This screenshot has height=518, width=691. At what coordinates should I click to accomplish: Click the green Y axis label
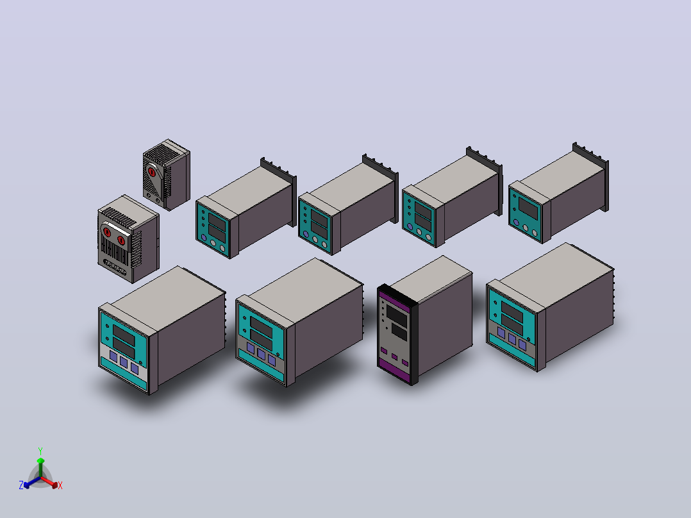click(x=40, y=451)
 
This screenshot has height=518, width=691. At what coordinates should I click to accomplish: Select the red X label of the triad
click(x=60, y=485)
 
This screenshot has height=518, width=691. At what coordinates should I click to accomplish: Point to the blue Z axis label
click(x=21, y=485)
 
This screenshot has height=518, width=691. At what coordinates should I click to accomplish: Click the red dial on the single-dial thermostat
click(x=151, y=171)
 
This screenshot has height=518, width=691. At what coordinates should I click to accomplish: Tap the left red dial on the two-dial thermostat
click(x=107, y=232)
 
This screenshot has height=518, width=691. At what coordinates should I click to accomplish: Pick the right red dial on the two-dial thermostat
click(x=121, y=240)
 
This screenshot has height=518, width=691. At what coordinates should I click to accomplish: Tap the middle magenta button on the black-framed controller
click(x=394, y=357)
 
